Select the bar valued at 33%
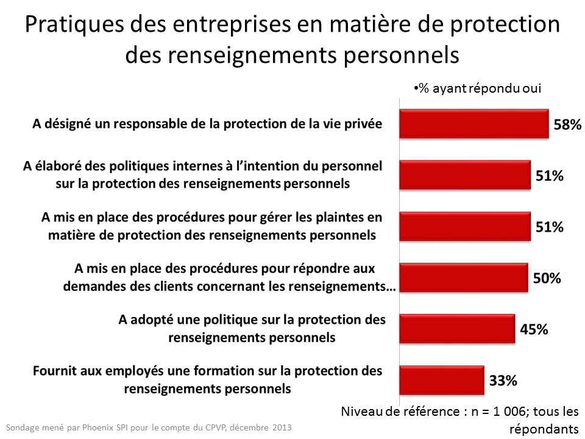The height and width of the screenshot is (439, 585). [441, 380]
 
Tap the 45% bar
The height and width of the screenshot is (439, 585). [457, 329]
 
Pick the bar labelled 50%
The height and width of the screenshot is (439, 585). [463, 278]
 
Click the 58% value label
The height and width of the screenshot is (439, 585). [567, 125]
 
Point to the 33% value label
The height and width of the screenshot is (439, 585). [503, 380]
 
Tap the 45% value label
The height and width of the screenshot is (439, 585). [534, 329]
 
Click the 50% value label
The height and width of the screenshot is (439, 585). [547, 279]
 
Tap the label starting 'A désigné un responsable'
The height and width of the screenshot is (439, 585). [207, 124]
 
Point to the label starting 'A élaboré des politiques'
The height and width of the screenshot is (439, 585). [202, 174]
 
